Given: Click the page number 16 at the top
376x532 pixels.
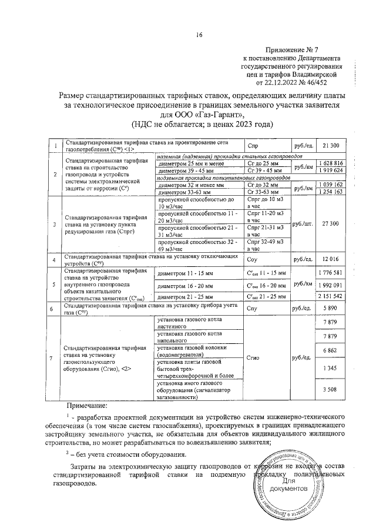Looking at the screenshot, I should [x=199, y=35].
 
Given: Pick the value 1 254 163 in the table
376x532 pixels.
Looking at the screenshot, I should [x=330, y=192].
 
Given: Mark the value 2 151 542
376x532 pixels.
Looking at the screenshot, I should [x=330, y=296].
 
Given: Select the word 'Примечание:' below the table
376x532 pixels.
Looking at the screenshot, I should [x=86, y=406].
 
